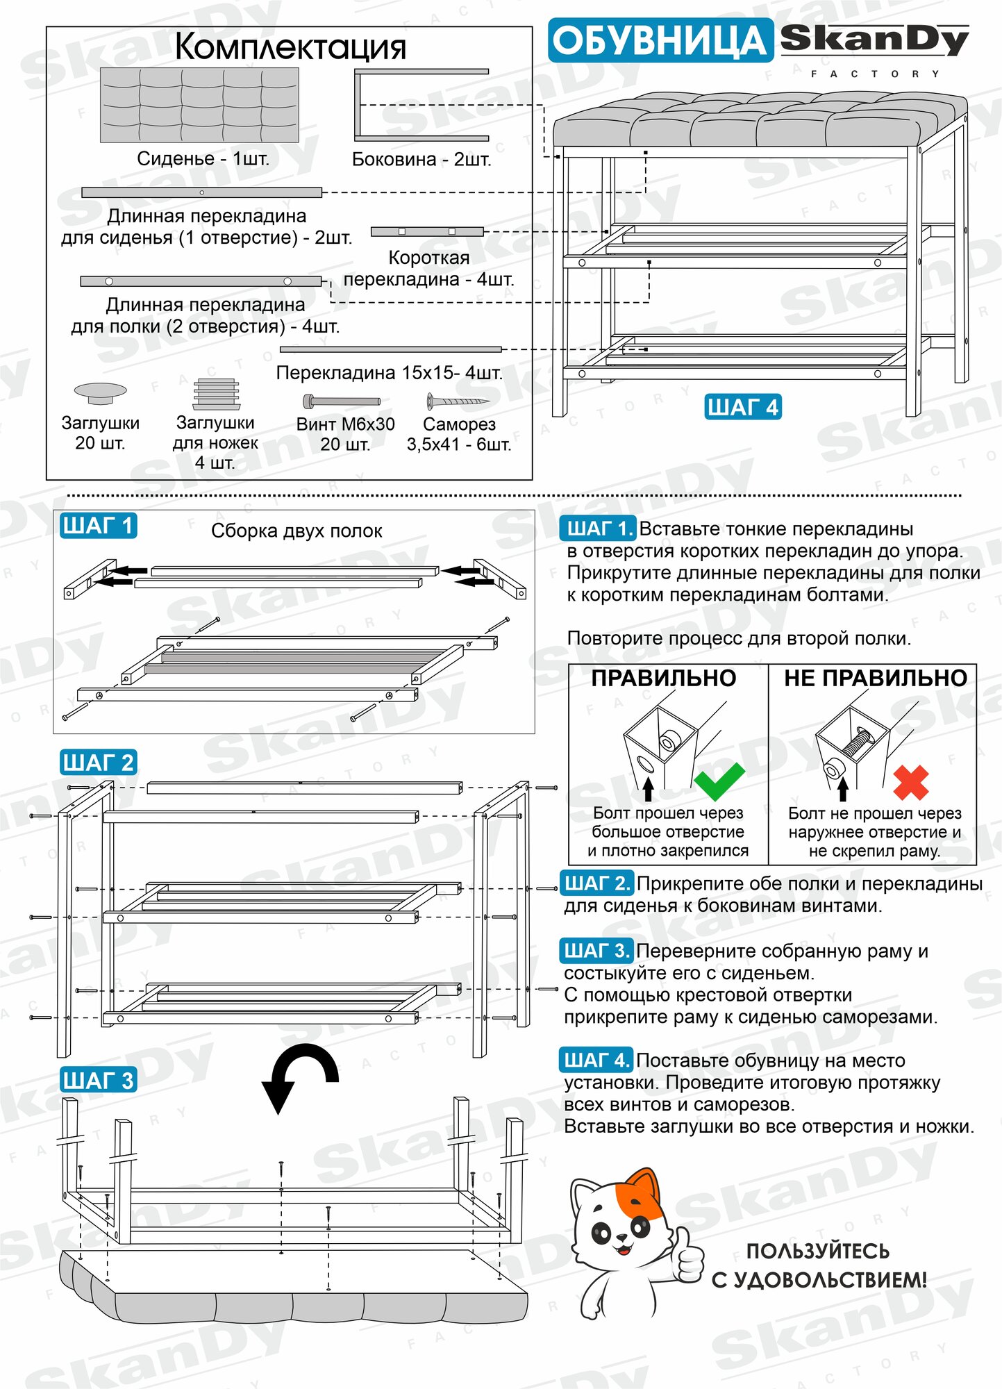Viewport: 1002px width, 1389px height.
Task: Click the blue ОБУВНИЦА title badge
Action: tap(660, 40)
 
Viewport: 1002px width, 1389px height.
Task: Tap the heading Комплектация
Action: tap(290, 47)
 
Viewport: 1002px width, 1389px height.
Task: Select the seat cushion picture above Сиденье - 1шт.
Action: tap(199, 105)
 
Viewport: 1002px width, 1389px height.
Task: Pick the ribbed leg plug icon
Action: tap(216, 393)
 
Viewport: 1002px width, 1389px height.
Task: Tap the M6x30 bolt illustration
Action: tap(342, 401)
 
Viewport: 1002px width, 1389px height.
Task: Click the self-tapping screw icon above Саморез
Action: tap(455, 401)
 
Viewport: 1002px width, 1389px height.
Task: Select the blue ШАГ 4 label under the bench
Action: tap(742, 407)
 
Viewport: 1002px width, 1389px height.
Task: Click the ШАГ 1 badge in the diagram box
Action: tap(97, 526)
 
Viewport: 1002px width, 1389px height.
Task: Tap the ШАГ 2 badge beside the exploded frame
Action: tap(98, 763)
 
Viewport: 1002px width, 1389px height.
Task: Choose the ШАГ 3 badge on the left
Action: tap(98, 1081)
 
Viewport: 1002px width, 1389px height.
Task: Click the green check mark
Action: tap(719, 781)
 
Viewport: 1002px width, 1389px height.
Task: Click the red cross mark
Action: tap(910, 783)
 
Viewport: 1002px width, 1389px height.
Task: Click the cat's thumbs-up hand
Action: tap(687, 1255)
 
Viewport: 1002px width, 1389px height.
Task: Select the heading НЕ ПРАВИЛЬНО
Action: tap(875, 678)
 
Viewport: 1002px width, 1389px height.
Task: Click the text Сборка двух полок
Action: tap(297, 531)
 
